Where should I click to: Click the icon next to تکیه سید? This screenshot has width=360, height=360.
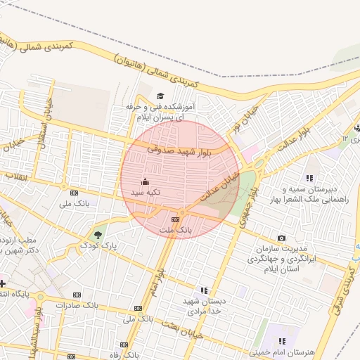[x=146, y=181]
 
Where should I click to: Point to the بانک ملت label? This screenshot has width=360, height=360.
[x=175, y=230]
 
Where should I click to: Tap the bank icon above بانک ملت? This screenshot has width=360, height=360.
[x=175, y=219]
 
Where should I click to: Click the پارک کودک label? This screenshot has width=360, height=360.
[x=98, y=245]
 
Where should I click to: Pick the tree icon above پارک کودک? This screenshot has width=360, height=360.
[x=98, y=234]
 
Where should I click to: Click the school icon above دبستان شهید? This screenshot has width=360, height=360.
[x=204, y=290]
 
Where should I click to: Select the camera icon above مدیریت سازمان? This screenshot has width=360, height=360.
[x=282, y=238]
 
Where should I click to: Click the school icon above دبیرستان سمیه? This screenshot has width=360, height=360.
[x=309, y=179]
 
